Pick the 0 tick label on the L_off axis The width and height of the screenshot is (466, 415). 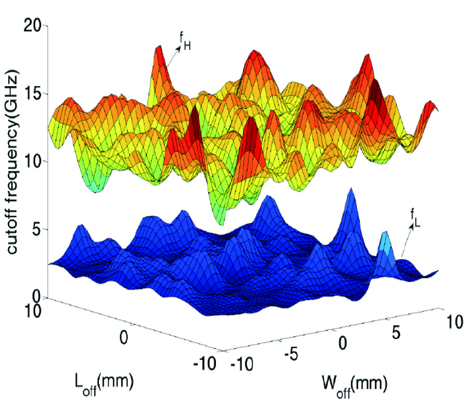pos(123,337)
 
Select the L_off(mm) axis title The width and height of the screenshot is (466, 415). pos(105,383)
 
